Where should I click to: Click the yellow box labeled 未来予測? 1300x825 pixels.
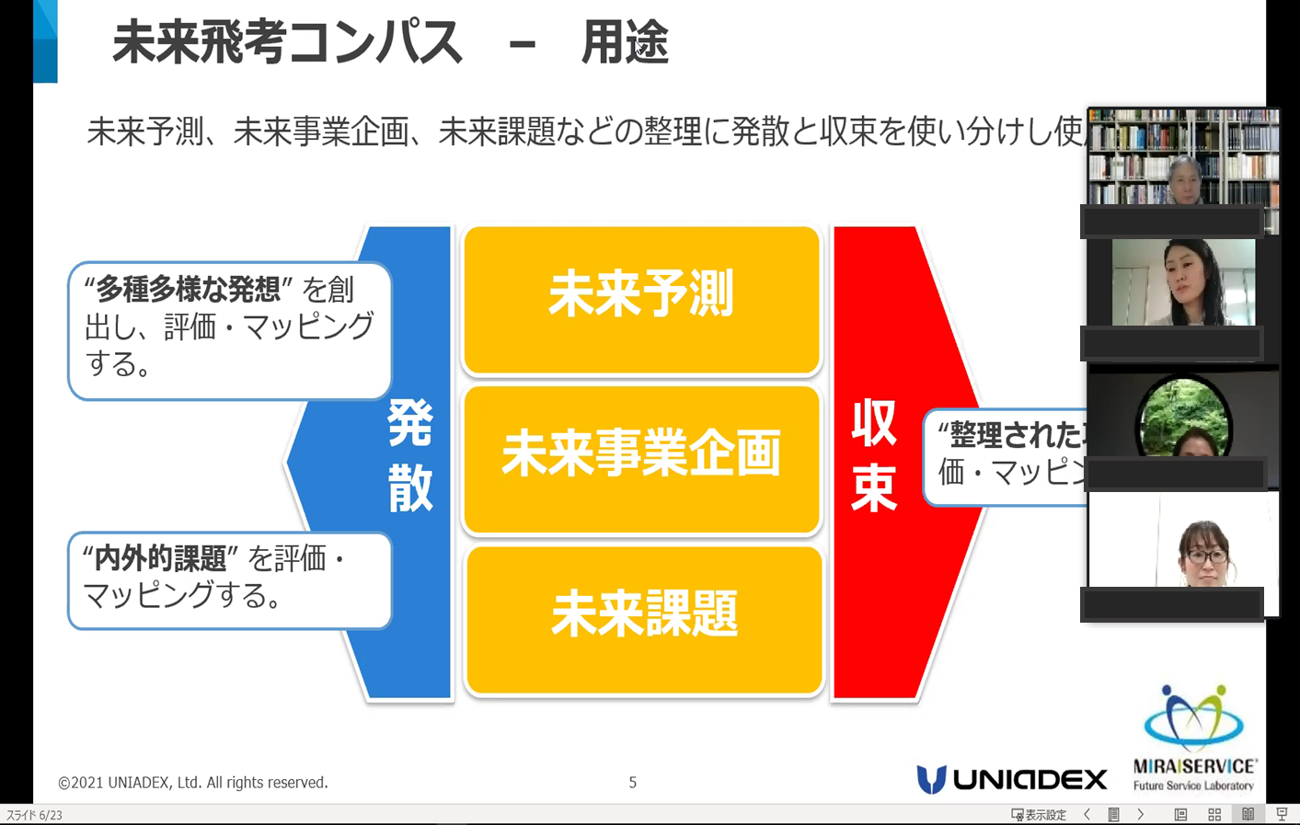tap(641, 299)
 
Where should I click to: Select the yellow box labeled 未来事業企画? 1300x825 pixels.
tap(641, 458)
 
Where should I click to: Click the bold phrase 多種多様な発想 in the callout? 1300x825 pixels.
tap(189, 290)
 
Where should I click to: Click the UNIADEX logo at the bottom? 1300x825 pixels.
tap(1011, 779)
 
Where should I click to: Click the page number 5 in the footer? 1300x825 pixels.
tap(632, 783)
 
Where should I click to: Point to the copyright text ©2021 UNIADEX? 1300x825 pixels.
tap(192, 783)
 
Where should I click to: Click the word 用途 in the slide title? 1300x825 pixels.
tap(625, 43)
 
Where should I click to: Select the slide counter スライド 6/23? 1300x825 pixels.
tap(35, 815)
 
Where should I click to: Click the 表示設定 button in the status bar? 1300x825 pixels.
tap(1039, 815)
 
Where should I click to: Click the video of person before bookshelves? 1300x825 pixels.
tap(1182, 161)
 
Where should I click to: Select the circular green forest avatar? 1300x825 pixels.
tap(1183, 418)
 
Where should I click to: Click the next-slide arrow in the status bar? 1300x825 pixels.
tap(1141, 815)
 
